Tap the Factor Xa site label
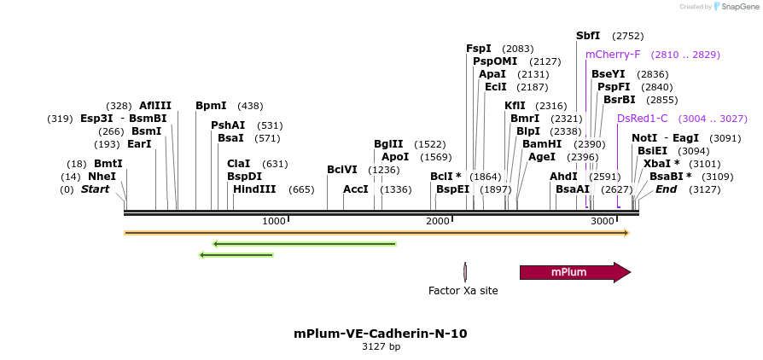(463, 291)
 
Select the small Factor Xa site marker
(465, 272)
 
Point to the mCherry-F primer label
(613, 55)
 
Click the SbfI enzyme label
(588, 36)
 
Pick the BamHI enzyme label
(542, 144)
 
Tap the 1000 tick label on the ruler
(273, 221)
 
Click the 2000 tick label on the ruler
(438, 221)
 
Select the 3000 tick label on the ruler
(603, 221)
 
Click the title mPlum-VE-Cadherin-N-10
(381, 334)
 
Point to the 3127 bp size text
(381, 347)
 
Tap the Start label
(95, 189)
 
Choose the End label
(666, 189)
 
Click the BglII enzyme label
(388, 144)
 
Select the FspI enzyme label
(479, 49)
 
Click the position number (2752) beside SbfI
(628, 36)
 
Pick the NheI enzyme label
(102, 177)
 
